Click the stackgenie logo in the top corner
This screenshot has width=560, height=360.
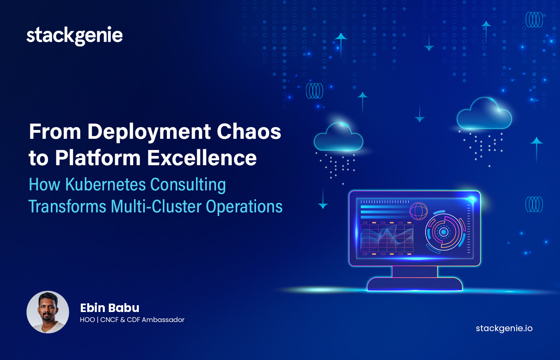(74, 36)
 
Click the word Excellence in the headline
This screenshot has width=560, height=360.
(202, 158)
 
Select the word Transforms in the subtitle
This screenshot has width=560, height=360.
(68, 207)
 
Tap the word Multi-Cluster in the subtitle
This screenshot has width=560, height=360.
(156, 207)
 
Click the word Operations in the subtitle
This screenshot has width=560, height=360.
(244, 207)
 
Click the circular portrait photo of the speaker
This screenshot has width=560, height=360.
(48, 312)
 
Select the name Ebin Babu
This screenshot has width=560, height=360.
(110, 308)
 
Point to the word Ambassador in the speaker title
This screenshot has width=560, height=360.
(163, 320)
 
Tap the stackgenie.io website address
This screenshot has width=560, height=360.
(504, 328)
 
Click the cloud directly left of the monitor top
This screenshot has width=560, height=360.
(338, 138)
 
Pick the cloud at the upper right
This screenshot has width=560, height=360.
(484, 114)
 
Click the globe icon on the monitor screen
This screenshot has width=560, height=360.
(418, 211)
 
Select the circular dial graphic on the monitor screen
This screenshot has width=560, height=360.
(444, 232)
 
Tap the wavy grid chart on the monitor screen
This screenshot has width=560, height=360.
(387, 238)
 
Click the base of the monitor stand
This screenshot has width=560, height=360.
(415, 284)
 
